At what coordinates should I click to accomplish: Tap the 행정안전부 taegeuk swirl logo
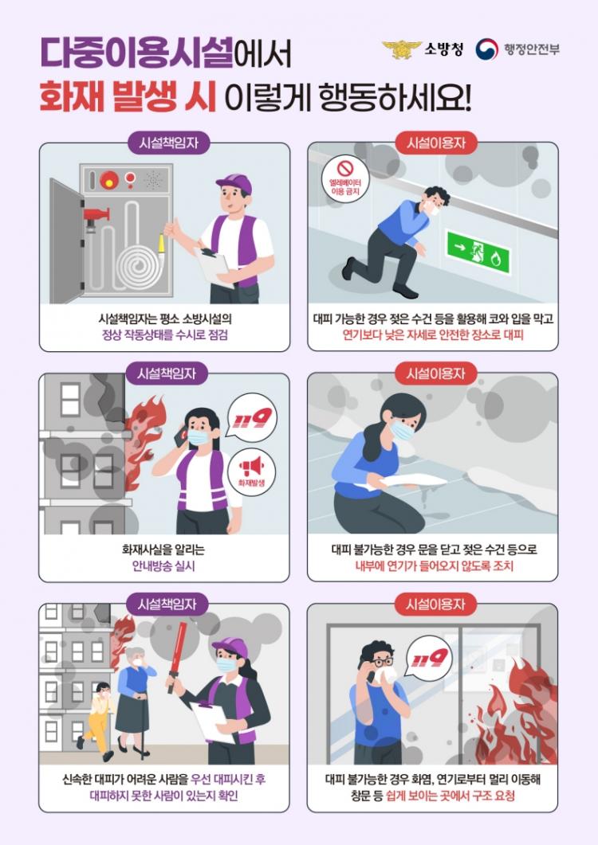coord(486,49)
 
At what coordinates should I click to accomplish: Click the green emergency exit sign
coord(478,252)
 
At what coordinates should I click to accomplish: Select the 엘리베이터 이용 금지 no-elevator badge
coord(345,179)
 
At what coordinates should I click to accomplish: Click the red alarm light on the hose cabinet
coord(109,179)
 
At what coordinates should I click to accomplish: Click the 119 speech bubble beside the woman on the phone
coord(252,418)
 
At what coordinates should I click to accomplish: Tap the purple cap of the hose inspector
coord(235,184)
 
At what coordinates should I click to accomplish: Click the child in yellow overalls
coord(98,720)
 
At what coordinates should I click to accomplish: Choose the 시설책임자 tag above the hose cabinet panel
coord(168,143)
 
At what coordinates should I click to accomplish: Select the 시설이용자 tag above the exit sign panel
coord(436,143)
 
